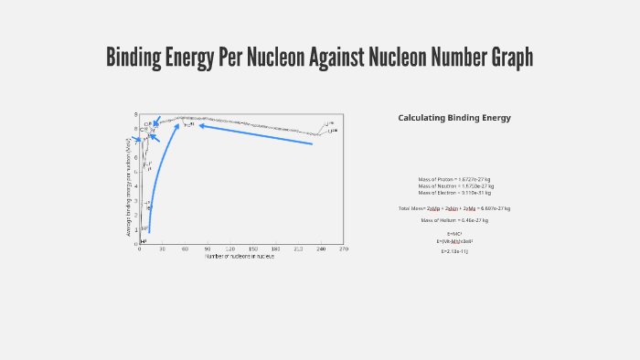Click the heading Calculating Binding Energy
tap(454, 118)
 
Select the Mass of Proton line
tap(454, 179)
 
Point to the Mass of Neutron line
tap(454, 186)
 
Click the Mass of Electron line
tap(454, 193)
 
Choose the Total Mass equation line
tap(454, 208)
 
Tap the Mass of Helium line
tap(454, 220)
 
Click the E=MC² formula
tap(454, 234)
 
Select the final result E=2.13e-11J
tap(454, 250)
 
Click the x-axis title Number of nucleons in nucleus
tap(240, 256)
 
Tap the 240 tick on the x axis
tap(321, 249)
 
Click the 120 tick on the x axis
tap(230, 249)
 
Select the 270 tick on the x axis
tap(343, 249)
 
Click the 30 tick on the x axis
tap(162, 249)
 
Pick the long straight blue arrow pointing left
tap(256, 134)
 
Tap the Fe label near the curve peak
tap(188, 124)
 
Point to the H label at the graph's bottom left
tap(143, 240)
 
